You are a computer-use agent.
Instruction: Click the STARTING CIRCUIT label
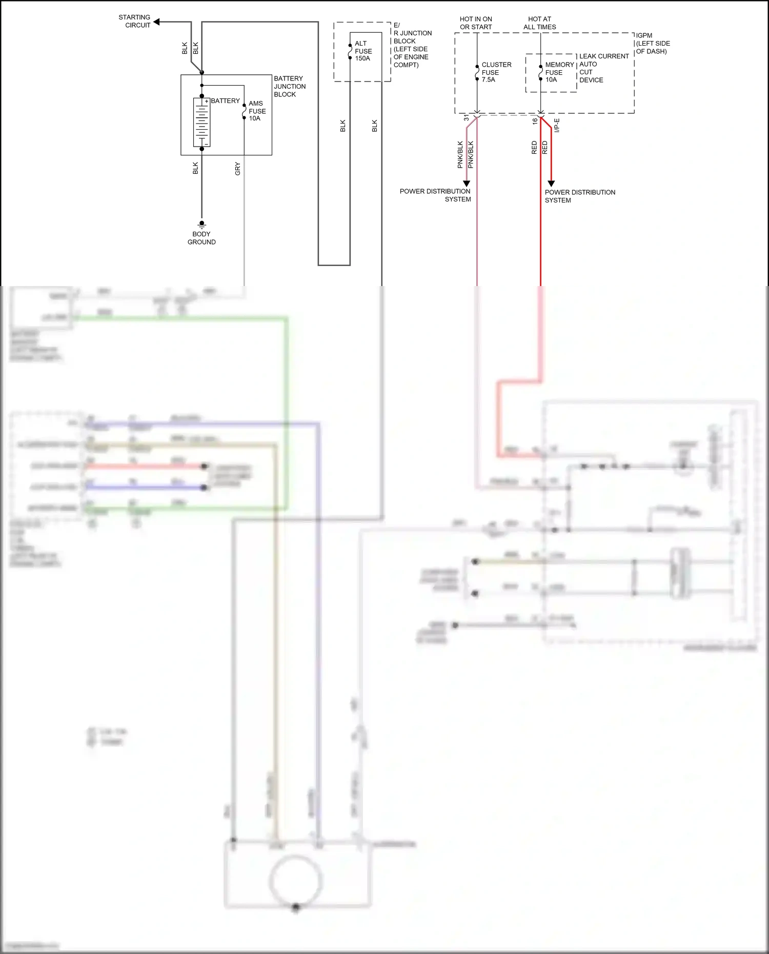(134, 21)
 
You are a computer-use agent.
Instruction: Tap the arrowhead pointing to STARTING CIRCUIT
(157, 22)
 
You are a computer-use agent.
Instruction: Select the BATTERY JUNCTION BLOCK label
(289, 86)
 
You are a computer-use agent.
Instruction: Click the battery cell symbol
(201, 122)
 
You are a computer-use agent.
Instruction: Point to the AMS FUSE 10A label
(257, 111)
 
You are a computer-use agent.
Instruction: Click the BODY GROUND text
(201, 238)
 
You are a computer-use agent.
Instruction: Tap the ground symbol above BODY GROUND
(201, 224)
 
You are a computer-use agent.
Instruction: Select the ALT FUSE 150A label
(363, 51)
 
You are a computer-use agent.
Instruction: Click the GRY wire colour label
(237, 169)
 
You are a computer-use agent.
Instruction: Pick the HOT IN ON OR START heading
(476, 23)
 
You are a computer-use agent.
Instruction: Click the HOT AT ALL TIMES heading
(539, 23)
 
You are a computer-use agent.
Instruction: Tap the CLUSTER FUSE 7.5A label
(496, 72)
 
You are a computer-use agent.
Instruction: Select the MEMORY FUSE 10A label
(559, 72)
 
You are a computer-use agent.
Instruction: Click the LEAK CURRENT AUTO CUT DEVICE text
(603, 68)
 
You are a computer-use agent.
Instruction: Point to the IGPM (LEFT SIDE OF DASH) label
(653, 44)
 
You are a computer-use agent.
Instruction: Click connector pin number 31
(467, 118)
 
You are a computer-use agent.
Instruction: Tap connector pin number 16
(535, 121)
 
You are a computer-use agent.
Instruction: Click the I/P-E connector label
(557, 125)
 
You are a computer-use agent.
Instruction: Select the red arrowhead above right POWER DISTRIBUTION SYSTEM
(551, 184)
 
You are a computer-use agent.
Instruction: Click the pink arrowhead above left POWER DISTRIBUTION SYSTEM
(467, 184)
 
